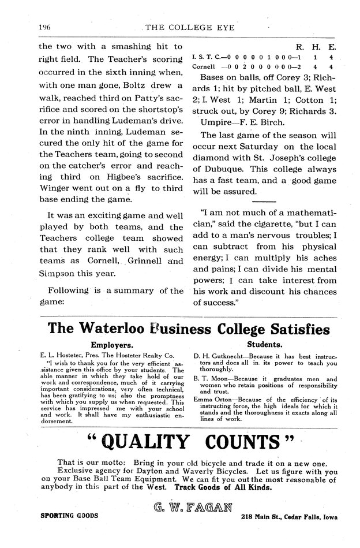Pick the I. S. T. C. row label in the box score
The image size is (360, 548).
pos(205,58)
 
